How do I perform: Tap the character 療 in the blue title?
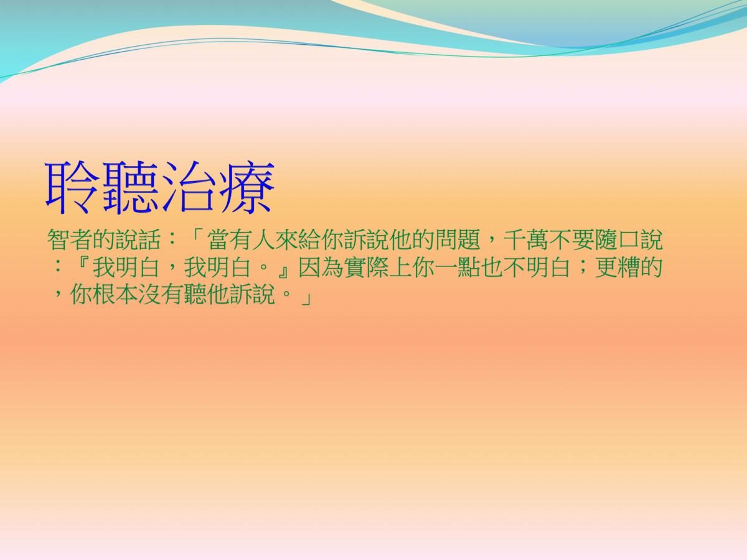(247, 187)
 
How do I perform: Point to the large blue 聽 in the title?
(131, 187)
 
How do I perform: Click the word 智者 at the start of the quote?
(70, 240)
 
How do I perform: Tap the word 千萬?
(526, 240)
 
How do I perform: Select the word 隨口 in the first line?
(618, 240)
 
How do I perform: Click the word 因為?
(321, 268)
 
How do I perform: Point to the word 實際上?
(378, 268)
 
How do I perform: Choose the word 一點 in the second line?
(458, 268)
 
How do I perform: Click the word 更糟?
(618, 268)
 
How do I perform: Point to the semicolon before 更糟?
(583, 269)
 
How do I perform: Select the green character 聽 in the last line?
(195, 294)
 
